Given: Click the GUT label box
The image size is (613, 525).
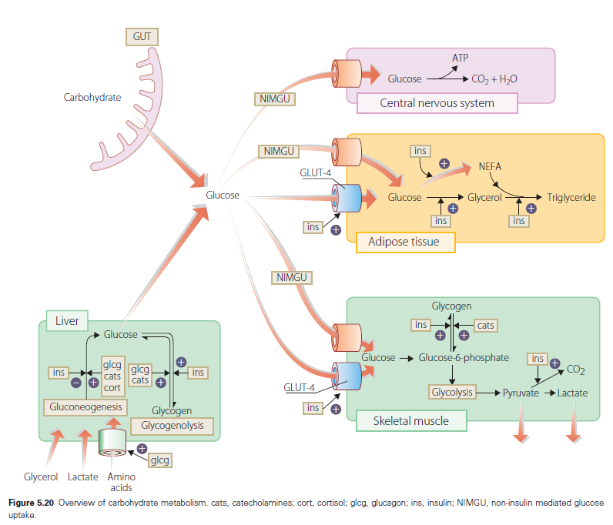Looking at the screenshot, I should coord(142,35).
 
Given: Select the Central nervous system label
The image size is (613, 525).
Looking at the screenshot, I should coord(437,102).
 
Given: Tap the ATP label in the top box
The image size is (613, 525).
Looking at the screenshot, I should coord(460,59).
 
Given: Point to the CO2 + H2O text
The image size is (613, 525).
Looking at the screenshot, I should coord(494,79).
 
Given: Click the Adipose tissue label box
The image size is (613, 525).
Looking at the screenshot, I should coord(404,242).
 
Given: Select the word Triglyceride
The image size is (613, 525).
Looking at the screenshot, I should coord(571,198).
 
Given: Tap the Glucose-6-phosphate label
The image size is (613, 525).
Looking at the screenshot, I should coord(464,357).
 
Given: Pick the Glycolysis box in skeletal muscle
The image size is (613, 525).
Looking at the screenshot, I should coord(452,393).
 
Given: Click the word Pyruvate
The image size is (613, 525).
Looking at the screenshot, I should coord(521,393).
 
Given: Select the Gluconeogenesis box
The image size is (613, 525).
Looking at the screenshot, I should coord(86,406).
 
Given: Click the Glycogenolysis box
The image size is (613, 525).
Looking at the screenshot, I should coord(173,426).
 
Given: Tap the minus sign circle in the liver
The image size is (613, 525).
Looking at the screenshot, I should coord(75,382).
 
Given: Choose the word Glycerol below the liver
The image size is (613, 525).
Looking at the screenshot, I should coord(41,477).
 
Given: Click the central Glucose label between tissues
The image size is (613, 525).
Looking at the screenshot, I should coord(223,195).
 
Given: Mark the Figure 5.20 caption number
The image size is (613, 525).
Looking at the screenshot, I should coord(32,503).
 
